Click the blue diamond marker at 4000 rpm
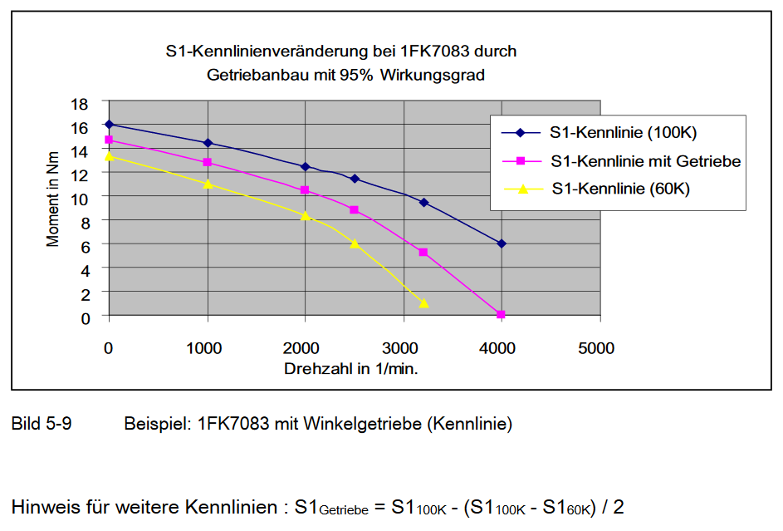501,243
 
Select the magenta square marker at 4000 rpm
501,315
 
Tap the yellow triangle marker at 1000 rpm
208,184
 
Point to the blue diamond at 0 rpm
109,124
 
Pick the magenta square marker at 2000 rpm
305,190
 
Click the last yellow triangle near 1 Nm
423,303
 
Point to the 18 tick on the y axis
80,104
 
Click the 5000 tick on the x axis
597,348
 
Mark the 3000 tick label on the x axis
402,348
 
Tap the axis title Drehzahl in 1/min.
351,368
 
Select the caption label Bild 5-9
42,424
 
